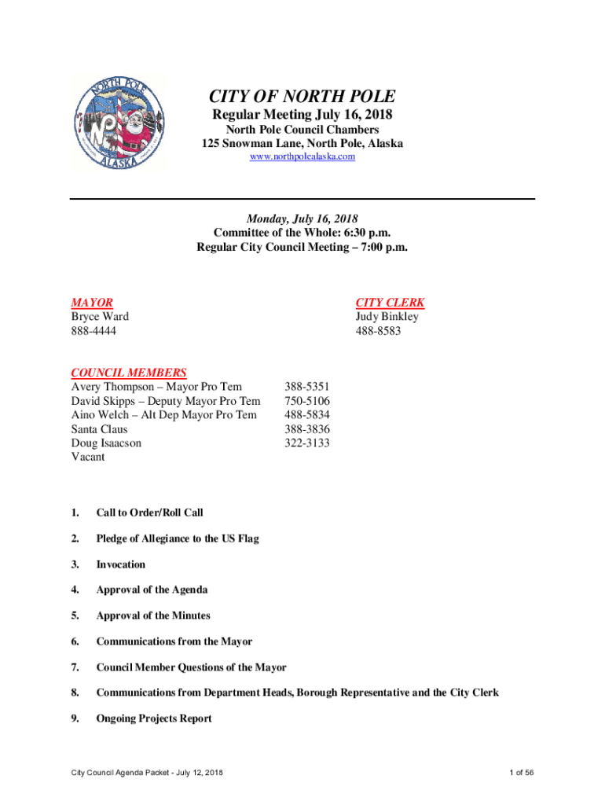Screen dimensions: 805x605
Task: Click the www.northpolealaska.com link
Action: pyautogui.click(x=302, y=157)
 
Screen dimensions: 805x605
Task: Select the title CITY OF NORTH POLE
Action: pyautogui.click(x=302, y=97)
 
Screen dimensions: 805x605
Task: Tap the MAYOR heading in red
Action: pyautogui.click(x=92, y=303)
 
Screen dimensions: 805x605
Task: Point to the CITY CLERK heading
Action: pyautogui.click(x=390, y=303)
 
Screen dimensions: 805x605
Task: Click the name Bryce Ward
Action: pyautogui.click(x=100, y=317)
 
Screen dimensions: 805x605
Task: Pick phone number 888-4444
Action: pyautogui.click(x=93, y=331)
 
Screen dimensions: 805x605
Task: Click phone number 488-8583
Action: pyautogui.click(x=378, y=331)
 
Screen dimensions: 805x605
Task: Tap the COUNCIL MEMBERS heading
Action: pyautogui.click(x=129, y=373)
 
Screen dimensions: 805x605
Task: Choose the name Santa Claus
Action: pyautogui.click(x=99, y=429)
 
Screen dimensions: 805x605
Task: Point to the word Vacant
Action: pyautogui.click(x=88, y=457)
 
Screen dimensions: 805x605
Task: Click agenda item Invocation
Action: pyautogui.click(x=121, y=564)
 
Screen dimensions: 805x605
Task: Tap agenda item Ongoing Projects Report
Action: pyautogui.click(x=154, y=719)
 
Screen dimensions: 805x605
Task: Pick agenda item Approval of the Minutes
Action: pyautogui.click(x=153, y=616)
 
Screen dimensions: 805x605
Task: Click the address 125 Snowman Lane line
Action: pyautogui.click(x=302, y=144)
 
